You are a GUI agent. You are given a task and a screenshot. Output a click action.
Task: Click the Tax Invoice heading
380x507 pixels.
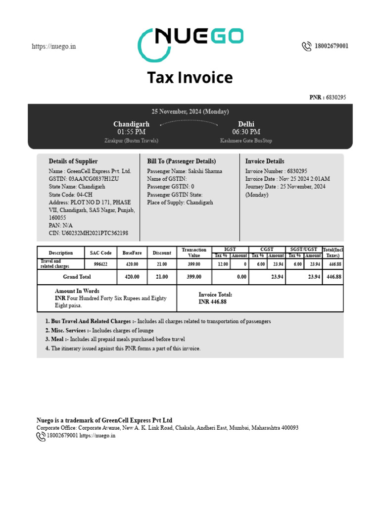point(190,78)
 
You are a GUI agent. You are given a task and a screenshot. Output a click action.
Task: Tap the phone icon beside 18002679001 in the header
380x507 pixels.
point(306,46)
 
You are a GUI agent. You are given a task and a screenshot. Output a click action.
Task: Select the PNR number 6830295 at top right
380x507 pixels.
point(336,98)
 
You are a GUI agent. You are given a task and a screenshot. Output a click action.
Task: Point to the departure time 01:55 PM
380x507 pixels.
point(131,132)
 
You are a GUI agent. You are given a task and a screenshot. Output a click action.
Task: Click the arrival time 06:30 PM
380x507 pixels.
point(246,132)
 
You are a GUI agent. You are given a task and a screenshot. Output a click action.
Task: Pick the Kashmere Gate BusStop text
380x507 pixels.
point(246,141)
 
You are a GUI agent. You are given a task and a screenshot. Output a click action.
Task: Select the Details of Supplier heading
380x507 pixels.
point(73,161)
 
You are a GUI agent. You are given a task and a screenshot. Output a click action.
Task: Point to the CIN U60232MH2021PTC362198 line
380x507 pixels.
point(89,233)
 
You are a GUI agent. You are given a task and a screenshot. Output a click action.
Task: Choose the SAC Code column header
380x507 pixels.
point(100,253)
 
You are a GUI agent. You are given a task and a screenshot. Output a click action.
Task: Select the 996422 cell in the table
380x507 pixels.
point(100,264)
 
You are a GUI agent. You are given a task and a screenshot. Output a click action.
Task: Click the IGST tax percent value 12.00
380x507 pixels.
point(221,264)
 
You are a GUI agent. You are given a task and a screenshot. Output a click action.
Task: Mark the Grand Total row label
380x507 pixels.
point(77,277)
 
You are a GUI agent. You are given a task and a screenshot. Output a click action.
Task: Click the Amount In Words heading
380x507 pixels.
point(77,291)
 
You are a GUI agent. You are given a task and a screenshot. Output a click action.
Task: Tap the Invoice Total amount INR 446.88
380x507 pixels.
point(212,302)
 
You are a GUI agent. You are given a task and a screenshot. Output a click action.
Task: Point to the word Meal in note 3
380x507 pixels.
point(57,340)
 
